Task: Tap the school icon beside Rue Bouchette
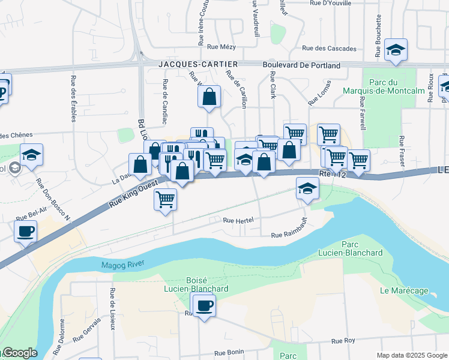(396, 50)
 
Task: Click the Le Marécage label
(404, 291)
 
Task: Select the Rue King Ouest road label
(131, 196)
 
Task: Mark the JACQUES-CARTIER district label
(190, 64)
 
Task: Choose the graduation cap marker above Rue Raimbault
(307, 190)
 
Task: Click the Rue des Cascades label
(329, 49)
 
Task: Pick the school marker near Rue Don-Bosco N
(31, 155)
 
